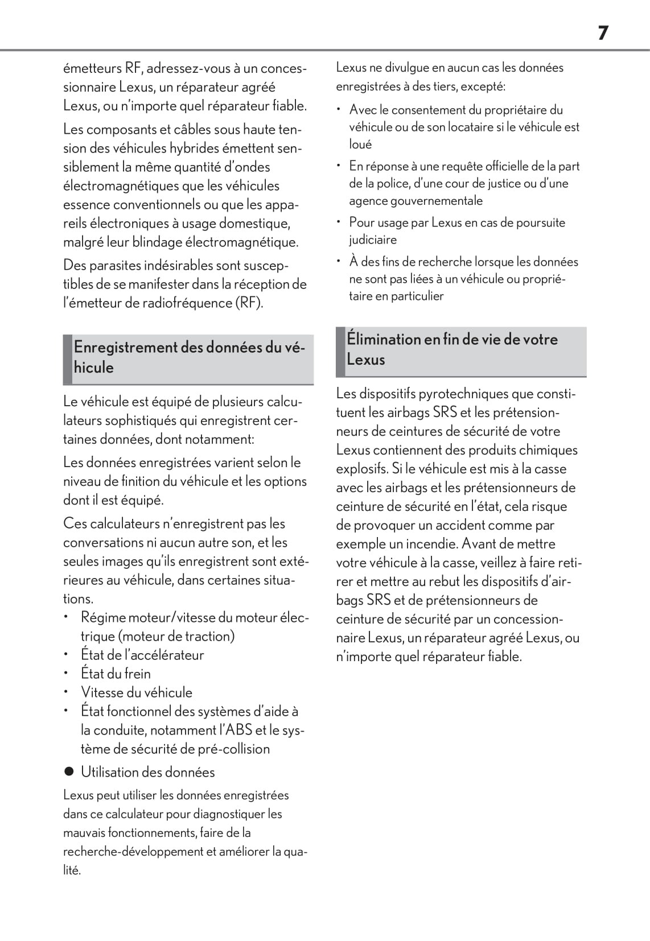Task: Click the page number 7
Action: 603,33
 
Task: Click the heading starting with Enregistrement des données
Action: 189,357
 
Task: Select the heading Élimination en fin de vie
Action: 452,349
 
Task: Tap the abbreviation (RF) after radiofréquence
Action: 249,303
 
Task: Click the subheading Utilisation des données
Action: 147,772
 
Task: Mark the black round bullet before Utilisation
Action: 69,772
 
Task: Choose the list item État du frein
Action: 116,674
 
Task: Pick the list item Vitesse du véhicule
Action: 137,692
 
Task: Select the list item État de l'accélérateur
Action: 142,655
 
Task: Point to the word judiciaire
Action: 373,240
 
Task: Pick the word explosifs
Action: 362,469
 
